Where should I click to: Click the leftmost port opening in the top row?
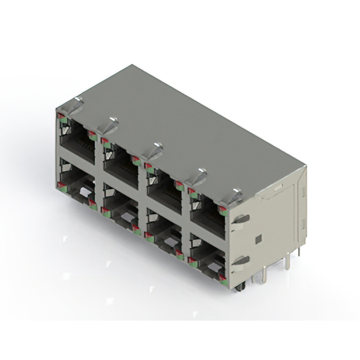pos(76,141)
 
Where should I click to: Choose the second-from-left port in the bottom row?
pos(120,209)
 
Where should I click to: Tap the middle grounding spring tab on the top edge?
pos(151,150)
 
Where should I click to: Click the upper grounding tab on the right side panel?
pos(240,218)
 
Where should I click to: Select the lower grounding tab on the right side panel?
pos(240,260)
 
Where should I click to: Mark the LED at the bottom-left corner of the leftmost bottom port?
pos(59,185)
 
